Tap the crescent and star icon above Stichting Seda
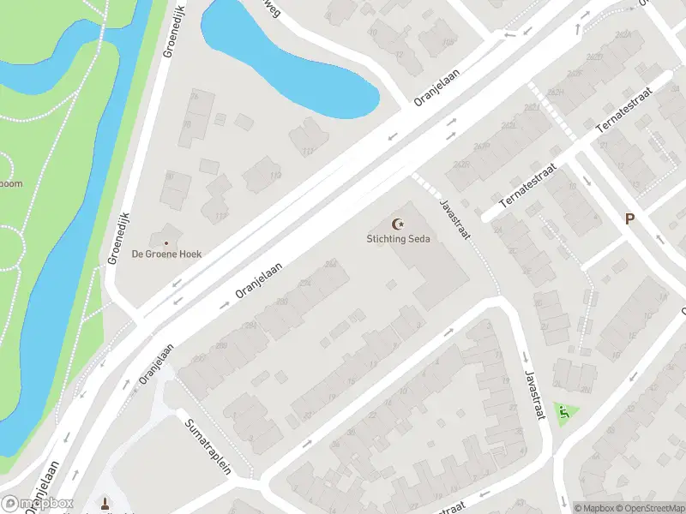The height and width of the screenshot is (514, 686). (x=396, y=224)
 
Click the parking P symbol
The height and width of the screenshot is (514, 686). (x=629, y=219)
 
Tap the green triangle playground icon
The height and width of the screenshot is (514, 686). (x=564, y=415)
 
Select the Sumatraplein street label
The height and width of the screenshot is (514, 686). (x=208, y=446)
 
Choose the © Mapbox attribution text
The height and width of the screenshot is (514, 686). (x=593, y=508)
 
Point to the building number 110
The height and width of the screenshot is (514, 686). (x=275, y=176)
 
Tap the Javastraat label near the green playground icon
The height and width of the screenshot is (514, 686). (x=533, y=395)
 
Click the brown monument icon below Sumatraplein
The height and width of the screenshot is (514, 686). (x=105, y=504)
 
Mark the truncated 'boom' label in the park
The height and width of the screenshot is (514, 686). (x=11, y=183)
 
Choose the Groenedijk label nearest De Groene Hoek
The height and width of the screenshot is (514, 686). (x=117, y=237)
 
